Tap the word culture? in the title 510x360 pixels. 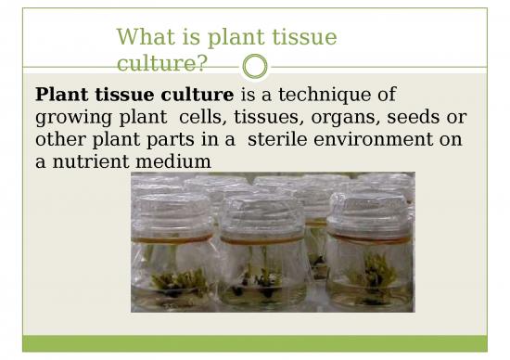pos(162,63)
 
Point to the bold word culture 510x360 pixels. pos(198,95)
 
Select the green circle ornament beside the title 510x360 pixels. pos(254,67)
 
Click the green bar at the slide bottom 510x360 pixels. pos(255,343)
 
